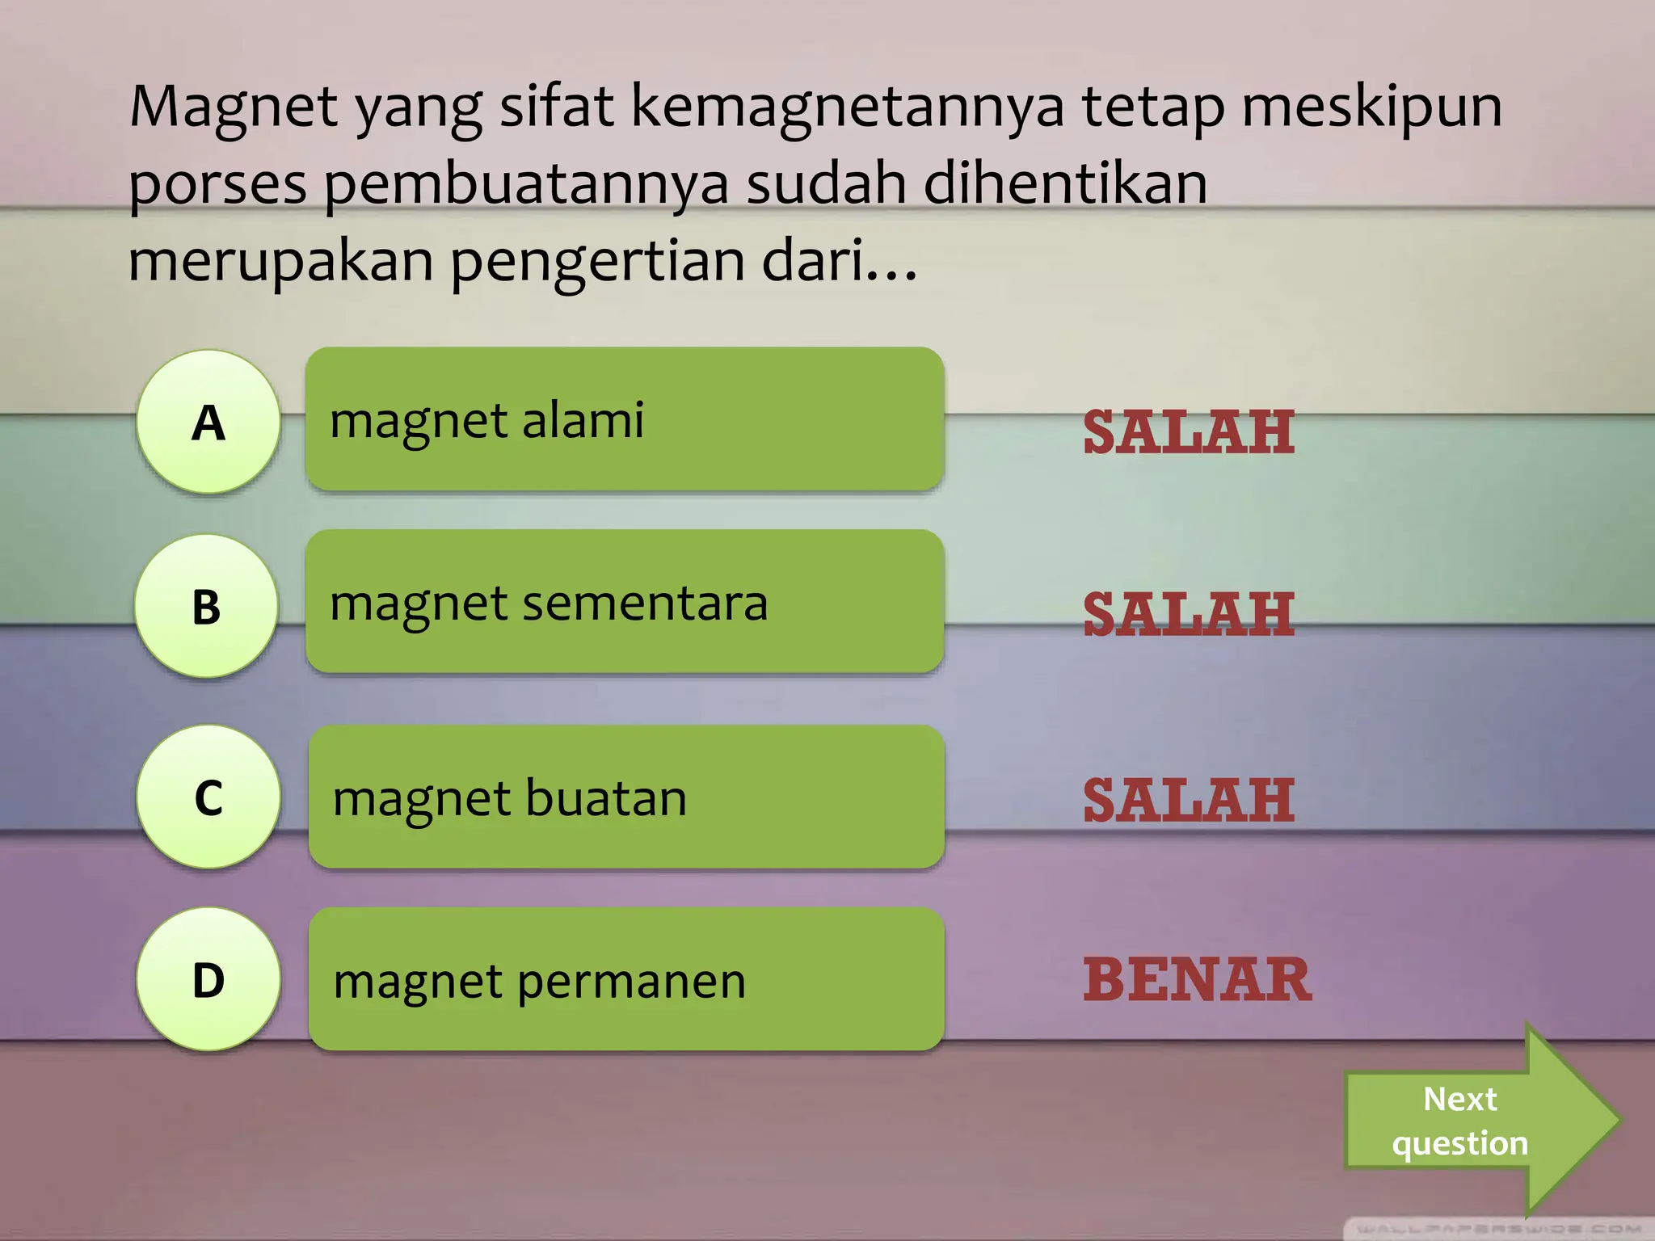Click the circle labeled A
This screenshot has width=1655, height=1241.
point(208,422)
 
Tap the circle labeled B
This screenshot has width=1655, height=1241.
point(207,606)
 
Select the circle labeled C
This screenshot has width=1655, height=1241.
point(208,797)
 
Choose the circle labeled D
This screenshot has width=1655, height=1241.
point(208,979)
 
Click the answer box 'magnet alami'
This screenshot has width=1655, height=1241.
point(624,419)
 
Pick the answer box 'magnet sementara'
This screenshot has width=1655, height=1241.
point(624,602)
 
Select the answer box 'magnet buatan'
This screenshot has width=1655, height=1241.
point(626,797)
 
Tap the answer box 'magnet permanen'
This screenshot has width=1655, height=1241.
point(626,979)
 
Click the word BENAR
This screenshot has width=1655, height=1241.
point(1197,980)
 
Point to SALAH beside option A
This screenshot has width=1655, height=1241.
point(1188,432)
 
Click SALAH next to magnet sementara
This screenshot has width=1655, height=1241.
point(1188,615)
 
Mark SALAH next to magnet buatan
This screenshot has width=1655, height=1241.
point(1188,801)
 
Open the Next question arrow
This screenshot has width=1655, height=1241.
point(1471,1121)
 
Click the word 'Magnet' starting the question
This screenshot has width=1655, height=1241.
point(234,107)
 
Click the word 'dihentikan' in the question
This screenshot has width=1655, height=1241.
point(1065,183)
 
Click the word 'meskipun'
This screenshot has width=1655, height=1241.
point(1371,107)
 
